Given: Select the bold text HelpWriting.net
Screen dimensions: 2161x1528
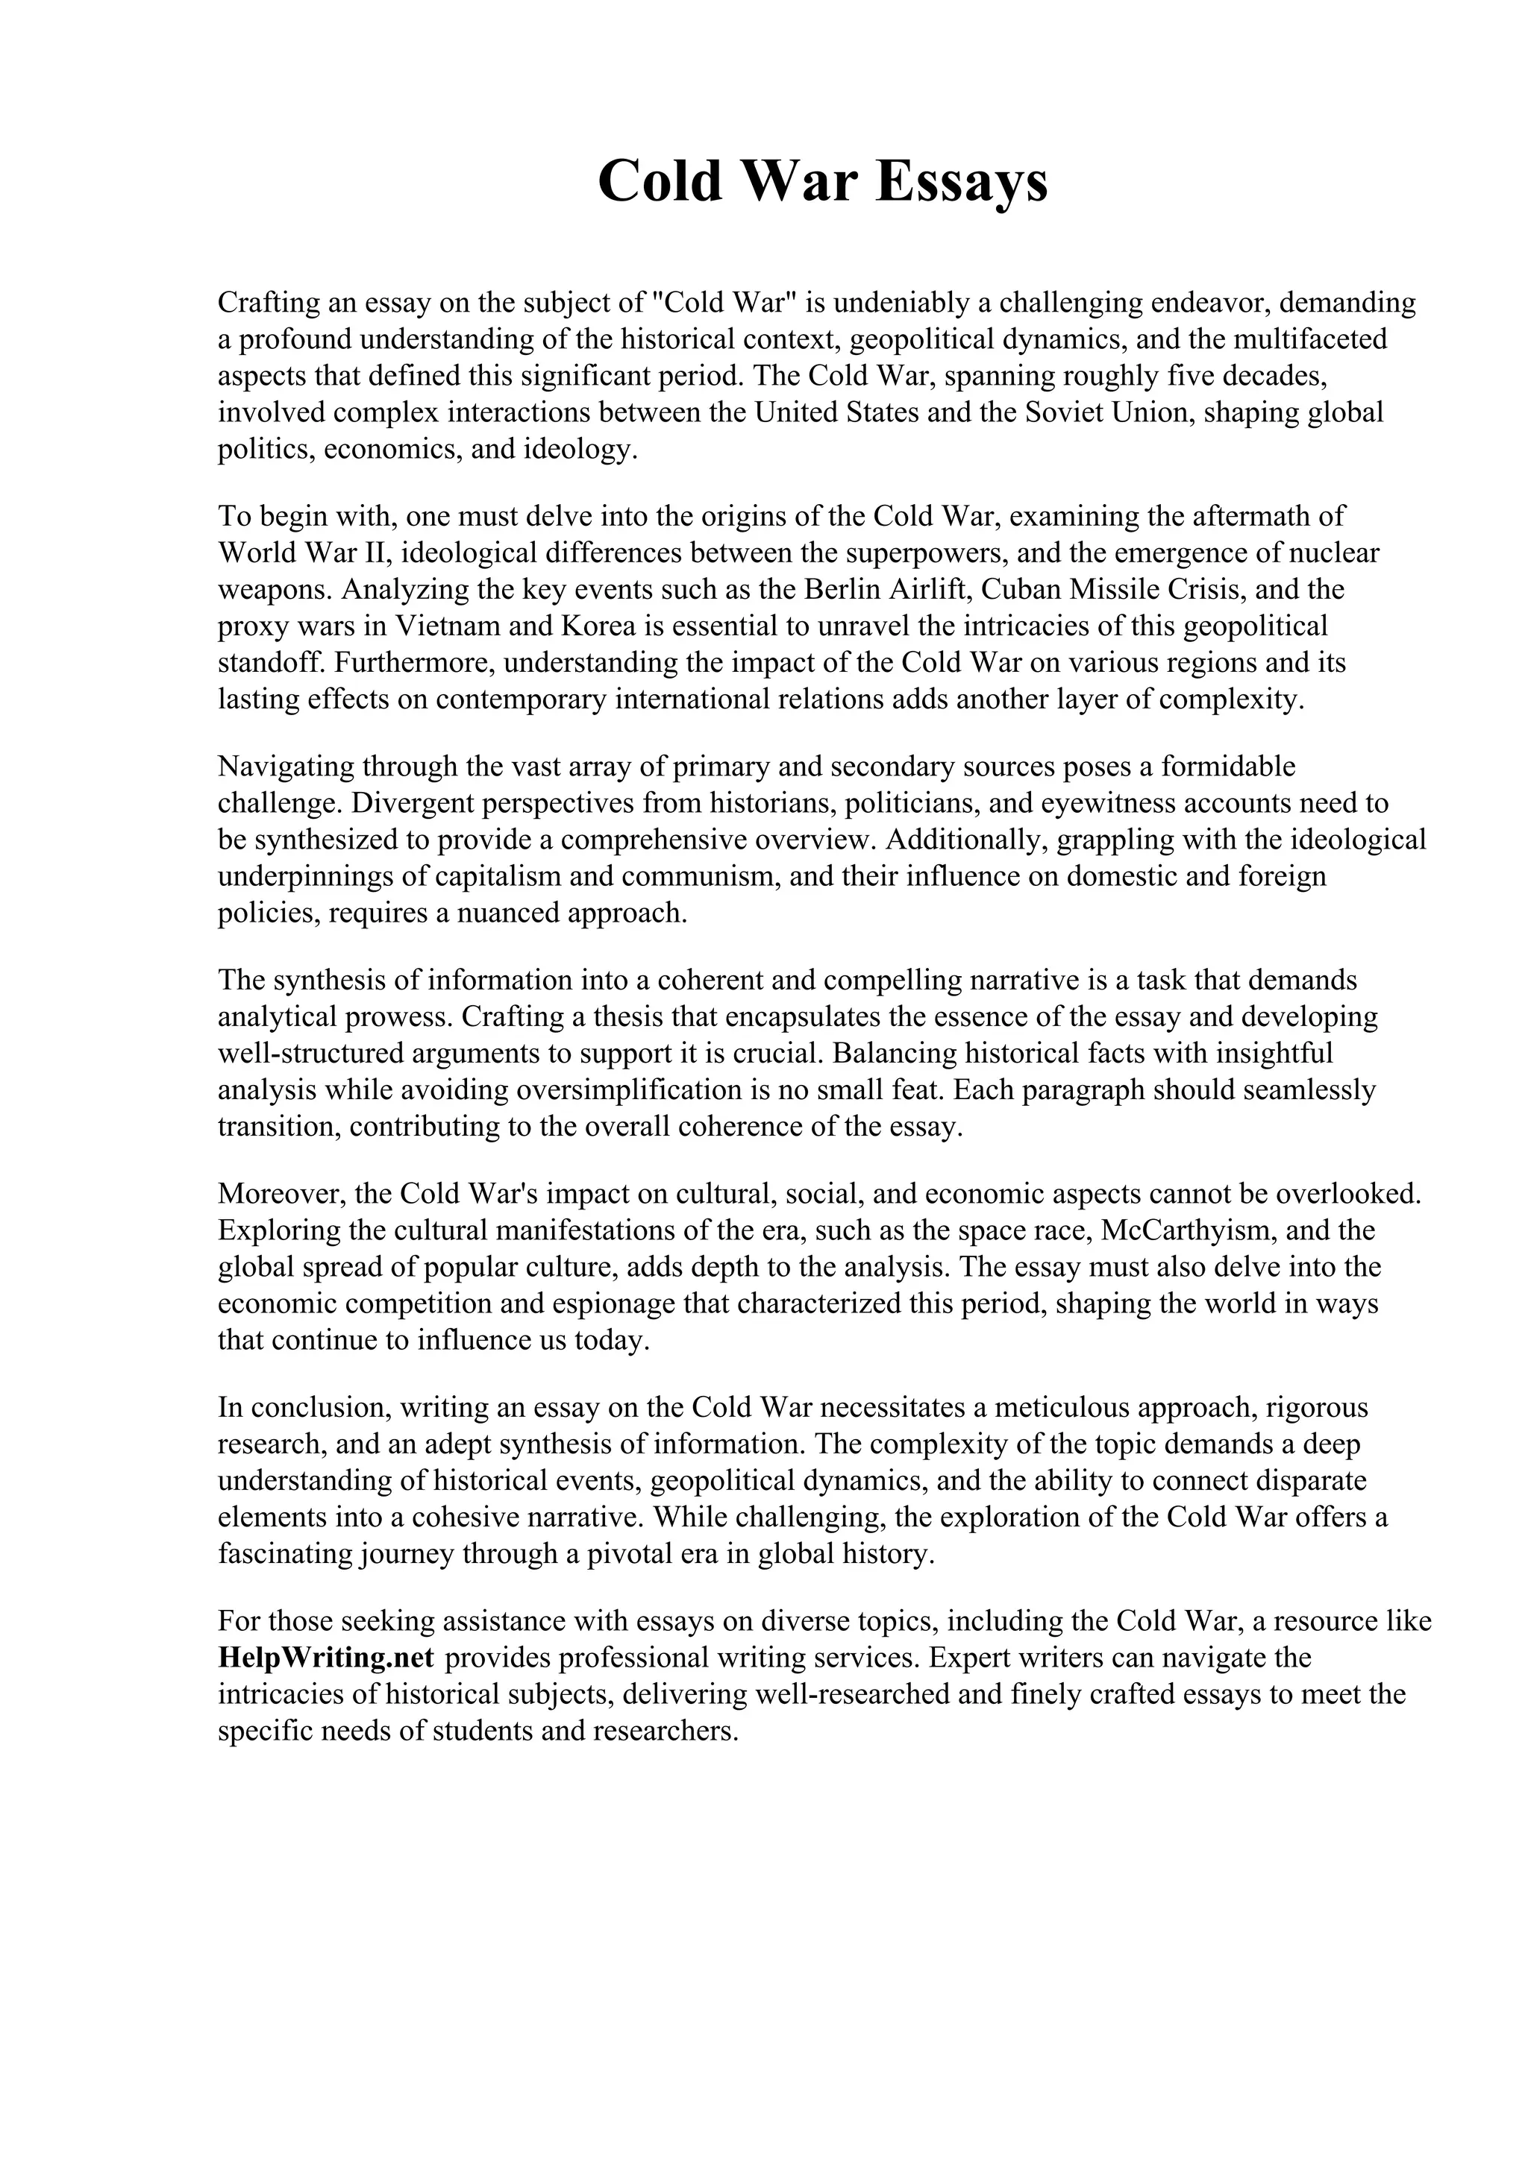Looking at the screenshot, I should click(x=325, y=1658).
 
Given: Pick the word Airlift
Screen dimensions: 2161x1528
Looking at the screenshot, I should click(x=930, y=589).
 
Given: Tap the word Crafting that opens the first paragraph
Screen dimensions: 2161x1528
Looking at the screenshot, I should click(x=266, y=302).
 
